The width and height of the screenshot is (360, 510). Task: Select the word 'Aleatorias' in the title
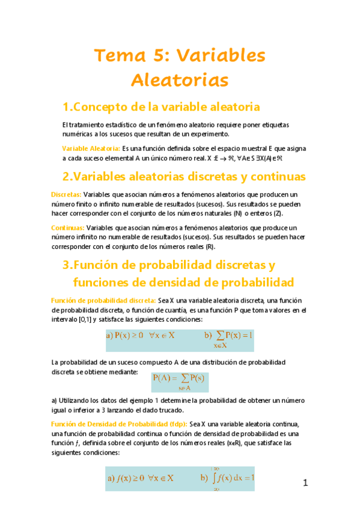pyautogui.click(x=180, y=79)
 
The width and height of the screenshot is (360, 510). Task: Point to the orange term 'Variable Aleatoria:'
pyautogui.click(x=91, y=148)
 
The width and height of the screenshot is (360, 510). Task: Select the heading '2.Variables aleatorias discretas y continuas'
pyautogui.click(x=184, y=176)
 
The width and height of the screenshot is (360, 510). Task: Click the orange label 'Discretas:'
pyautogui.click(x=66, y=194)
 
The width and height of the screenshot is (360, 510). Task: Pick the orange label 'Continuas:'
pyautogui.click(x=67, y=228)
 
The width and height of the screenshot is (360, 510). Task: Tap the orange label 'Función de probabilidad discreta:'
pyautogui.click(x=103, y=300)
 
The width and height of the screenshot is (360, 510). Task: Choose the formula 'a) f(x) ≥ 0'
pyautogui.click(x=141, y=478)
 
